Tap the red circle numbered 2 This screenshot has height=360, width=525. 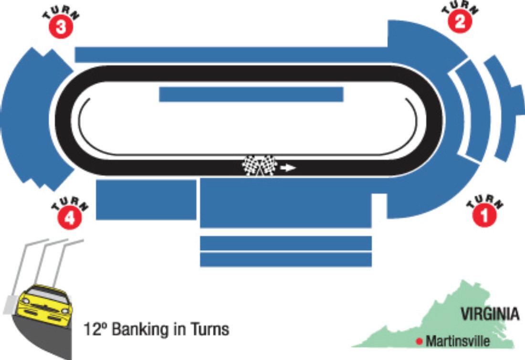pos(460,22)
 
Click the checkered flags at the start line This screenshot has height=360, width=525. pos(259,166)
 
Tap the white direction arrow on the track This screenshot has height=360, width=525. pos(288,168)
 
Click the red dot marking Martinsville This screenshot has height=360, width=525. pos(419,341)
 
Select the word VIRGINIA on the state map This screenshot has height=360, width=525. pos(490,314)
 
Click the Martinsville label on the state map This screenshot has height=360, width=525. pos(458,341)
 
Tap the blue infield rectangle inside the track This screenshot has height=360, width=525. pos(251,94)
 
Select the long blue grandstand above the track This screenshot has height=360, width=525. pos(229,54)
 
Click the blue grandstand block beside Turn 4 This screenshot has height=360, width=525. pos(146,200)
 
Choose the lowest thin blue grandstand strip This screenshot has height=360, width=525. pos(285,259)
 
